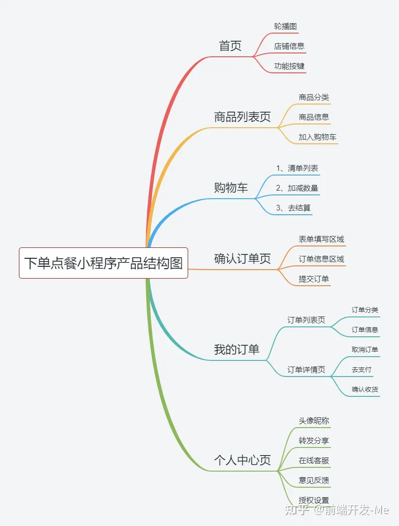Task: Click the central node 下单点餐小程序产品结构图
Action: [x=104, y=263]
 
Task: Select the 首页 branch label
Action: [x=230, y=46]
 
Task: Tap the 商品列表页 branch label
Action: [x=242, y=117]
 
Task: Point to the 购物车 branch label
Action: [x=231, y=188]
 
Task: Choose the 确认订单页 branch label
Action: [x=242, y=259]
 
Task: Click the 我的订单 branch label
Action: [x=236, y=350]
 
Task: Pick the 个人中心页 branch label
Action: [x=242, y=460]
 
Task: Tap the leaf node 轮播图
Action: [x=285, y=26]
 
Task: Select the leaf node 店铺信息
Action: [x=289, y=46]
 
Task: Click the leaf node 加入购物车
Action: [x=317, y=137]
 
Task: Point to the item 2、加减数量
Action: [x=297, y=188]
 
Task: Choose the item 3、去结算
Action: [x=293, y=208]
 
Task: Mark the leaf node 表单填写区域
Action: [x=321, y=239]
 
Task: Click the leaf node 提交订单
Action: [x=313, y=279]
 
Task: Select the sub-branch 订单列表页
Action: [x=306, y=320]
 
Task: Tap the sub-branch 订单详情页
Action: [x=306, y=370]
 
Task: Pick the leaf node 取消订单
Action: [x=364, y=350]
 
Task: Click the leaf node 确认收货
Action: [x=364, y=390]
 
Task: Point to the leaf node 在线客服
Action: [x=313, y=461]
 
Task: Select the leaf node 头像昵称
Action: [x=313, y=421]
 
